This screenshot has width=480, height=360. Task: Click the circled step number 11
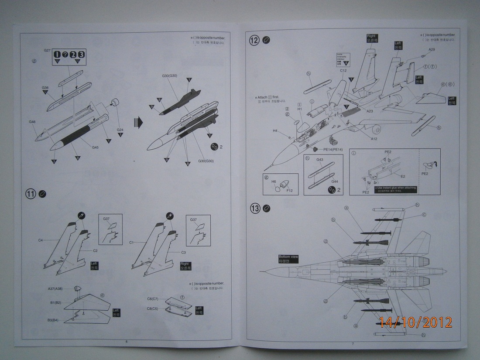[31, 195]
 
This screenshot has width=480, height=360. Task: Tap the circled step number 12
[254, 40]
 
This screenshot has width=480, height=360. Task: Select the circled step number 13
[254, 209]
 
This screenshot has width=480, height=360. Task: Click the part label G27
[48, 51]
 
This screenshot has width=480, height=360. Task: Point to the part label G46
[32, 122]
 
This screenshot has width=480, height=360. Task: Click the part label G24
[120, 130]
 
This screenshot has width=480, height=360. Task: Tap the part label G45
[95, 147]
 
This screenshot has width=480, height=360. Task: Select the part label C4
[40, 240]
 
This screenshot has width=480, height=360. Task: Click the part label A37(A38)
[55, 289]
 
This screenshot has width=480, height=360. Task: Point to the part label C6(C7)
[153, 299]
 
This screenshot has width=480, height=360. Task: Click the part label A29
[431, 49]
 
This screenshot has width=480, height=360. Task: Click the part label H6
[274, 181]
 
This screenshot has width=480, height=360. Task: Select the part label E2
[403, 176]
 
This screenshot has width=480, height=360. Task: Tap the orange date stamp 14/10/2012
[415, 322]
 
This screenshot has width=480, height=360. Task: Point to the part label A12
[374, 139]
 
